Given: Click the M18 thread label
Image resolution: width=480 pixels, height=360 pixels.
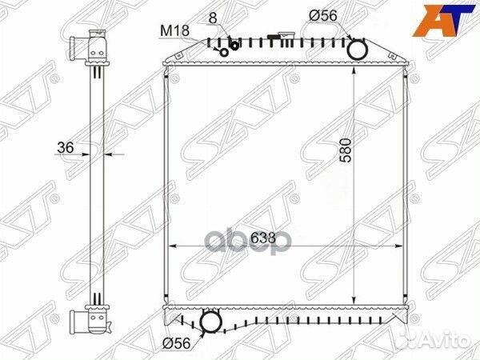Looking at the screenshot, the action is pyautogui.click(x=174, y=31).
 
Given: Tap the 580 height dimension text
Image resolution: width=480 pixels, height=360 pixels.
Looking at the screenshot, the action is pyautogui.click(x=346, y=150).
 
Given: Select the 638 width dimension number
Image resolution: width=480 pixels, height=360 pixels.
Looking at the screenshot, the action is pyautogui.click(x=263, y=238).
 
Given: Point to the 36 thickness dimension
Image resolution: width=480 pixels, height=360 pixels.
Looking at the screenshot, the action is pyautogui.click(x=66, y=148).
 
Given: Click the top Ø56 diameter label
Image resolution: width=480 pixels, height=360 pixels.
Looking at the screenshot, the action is pyautogui.click(x=322, y=16).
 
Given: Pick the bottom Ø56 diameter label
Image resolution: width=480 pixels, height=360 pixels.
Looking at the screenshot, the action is pyautogui.click(x=176, y=343).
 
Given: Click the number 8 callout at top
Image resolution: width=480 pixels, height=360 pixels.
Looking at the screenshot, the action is pyautogui.click(x=213, y=18).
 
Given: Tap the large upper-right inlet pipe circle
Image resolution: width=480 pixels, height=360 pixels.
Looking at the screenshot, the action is pyautogui.click(x=358, y=50).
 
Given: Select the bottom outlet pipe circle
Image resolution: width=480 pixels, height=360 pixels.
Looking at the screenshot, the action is pyautogui.click(x=210, y=322).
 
